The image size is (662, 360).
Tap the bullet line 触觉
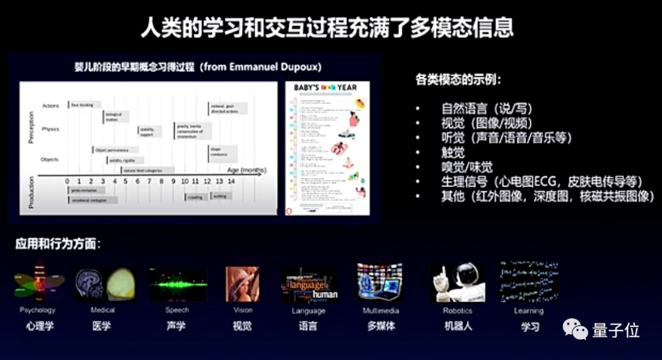tap(453, 153)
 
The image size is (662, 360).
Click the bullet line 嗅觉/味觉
tap(466, 167)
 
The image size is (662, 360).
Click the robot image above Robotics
tap(457, 283)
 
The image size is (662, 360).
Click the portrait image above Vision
tap(242, 285)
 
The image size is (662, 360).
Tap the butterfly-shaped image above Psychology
tap(39, 283)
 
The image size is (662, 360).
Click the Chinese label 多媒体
tap(381, 326)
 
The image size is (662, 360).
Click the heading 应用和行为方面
tap(59, 244)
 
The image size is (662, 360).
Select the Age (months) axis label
tap(246, 170)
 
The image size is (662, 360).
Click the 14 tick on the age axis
tap(231, 182)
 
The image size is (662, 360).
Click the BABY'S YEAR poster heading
tap(325, 88)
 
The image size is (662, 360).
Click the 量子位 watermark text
tap(615, 331)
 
